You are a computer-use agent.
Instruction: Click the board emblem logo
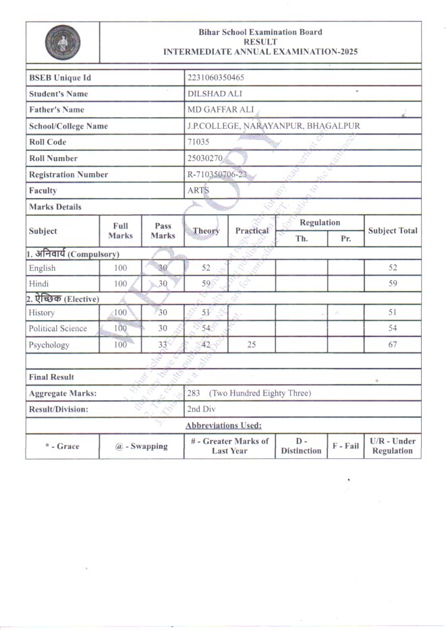click(62, 42)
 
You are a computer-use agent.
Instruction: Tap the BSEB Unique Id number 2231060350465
click(215, 78)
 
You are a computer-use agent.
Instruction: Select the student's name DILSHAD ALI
click(210, 94)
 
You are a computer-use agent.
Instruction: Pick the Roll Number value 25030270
click(205, 158)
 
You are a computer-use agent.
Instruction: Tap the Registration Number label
click(68, 175)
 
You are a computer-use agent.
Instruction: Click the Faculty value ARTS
click(198, 191)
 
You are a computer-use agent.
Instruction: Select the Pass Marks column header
click(163, 230)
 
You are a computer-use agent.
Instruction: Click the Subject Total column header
click(393, 230)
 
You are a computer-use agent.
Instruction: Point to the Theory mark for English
click(206, 267)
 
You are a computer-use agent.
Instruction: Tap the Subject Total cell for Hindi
click(393, 284)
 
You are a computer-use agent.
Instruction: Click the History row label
click(43, 313)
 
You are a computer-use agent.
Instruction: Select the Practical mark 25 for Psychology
click(251, 345)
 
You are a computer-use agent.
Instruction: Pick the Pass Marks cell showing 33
click(163, 345)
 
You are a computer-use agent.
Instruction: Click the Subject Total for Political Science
click(393, 329)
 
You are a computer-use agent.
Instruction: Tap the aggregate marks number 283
click(194, 393)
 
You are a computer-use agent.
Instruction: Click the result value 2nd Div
click(202, 409)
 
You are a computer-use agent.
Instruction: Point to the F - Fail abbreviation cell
click(345, 446)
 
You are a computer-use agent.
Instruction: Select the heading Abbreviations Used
click(223, 425)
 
